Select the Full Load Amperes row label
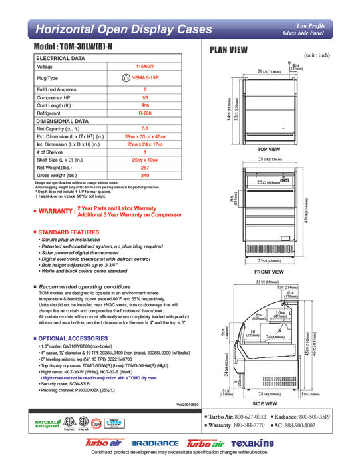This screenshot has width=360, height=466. (55, 90)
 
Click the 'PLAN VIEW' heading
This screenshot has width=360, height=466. (230, 50)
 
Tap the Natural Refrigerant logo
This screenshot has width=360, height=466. (45, 423)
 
